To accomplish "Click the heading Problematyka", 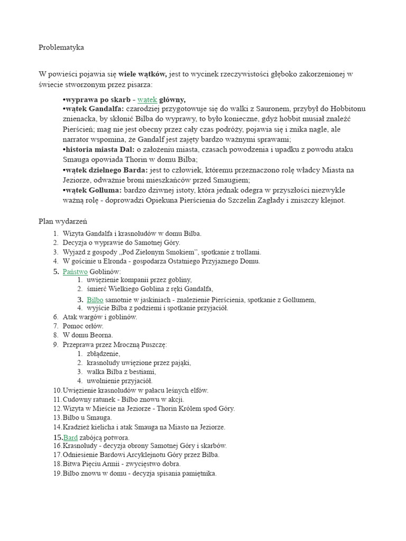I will point(61,48).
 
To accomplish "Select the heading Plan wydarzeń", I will point(62,221).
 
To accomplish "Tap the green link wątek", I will point(147,99).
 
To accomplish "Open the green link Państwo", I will point(75,272).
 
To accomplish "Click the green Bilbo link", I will point(95,300).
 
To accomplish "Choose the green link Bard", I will point(70,437).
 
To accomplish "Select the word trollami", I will point(247,252).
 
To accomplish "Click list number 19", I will point(57,473).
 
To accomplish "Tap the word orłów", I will point(94,326).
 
